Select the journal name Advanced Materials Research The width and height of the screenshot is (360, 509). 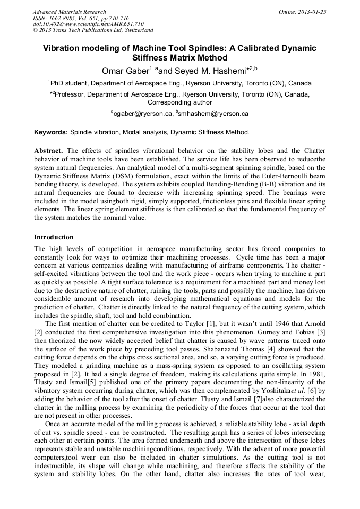point(70,12)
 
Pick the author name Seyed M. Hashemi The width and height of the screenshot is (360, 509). point(207,70)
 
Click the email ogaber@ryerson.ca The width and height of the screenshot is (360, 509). point(143,114)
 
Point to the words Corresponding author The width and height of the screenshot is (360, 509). point(179,102)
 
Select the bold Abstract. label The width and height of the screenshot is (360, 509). point(49,150)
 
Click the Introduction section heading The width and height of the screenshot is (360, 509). point(54,237)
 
